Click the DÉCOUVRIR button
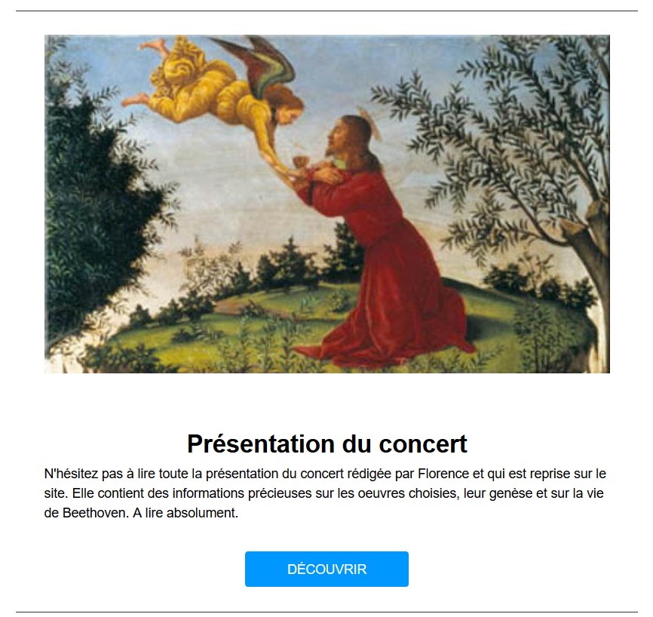[326, 569]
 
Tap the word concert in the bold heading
[423, 444]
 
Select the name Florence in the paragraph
[443, 474]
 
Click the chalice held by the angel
[298, 161]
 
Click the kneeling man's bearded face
[336, 140]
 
